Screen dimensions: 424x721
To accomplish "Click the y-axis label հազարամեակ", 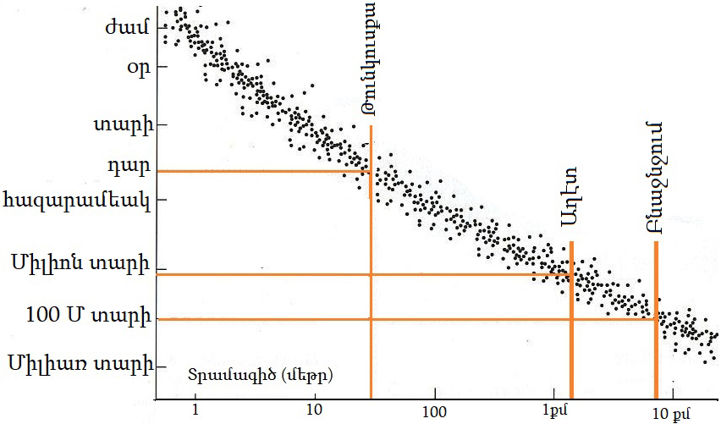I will (78, 201).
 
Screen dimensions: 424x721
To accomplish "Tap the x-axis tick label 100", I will (434, 410).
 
